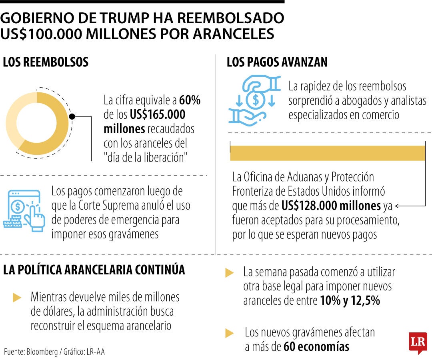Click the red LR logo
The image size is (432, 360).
(418, 342)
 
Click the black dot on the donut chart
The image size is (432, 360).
(72, 116)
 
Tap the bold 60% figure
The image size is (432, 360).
(190, 100)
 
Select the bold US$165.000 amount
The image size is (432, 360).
(158, 114)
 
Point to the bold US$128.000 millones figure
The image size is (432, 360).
(331, 206)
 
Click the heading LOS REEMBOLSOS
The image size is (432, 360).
(46, 62)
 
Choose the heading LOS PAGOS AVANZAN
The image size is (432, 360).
(277, 62)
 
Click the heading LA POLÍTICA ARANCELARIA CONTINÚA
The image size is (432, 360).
(94, 270)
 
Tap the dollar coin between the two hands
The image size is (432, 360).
(256, 100)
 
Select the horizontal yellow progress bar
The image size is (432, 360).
(328, 153)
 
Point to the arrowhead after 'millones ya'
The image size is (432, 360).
(397, 206)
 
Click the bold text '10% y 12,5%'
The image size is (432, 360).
(350, 300)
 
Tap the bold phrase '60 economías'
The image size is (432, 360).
(316, 346)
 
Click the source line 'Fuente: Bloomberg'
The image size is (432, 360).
(31, 352)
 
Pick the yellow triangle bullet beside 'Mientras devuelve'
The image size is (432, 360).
(17, 298)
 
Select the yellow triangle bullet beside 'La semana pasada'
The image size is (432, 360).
(230, 273)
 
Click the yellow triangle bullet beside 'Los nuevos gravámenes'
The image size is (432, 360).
(230, 333)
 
